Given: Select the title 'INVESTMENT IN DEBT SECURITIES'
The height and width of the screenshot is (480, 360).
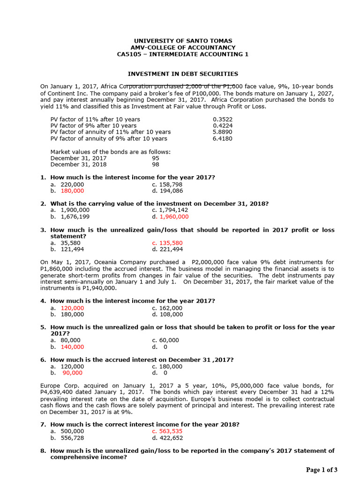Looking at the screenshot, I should [183, 74].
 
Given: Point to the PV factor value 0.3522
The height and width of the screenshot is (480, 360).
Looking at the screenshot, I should [223, 119].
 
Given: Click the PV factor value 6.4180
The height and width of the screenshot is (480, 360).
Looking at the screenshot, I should [223, 139].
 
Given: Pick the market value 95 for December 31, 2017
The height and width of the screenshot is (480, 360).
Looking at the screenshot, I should [156, 158].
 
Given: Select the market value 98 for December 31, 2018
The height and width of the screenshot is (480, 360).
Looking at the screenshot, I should [156, 165].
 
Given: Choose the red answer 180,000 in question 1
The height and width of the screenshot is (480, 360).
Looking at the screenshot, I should [72, 191].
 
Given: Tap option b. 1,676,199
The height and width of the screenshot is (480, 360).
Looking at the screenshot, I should [75, 217].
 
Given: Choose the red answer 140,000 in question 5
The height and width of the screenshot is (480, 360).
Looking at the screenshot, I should [72, 347].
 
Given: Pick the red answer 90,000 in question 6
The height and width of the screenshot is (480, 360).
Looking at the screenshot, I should [72, 373].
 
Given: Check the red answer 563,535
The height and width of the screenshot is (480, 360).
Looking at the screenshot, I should [171, 431].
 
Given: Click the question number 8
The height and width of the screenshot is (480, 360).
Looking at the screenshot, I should [43, 451].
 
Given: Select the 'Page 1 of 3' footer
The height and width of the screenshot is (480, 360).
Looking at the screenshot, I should [322, 470].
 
